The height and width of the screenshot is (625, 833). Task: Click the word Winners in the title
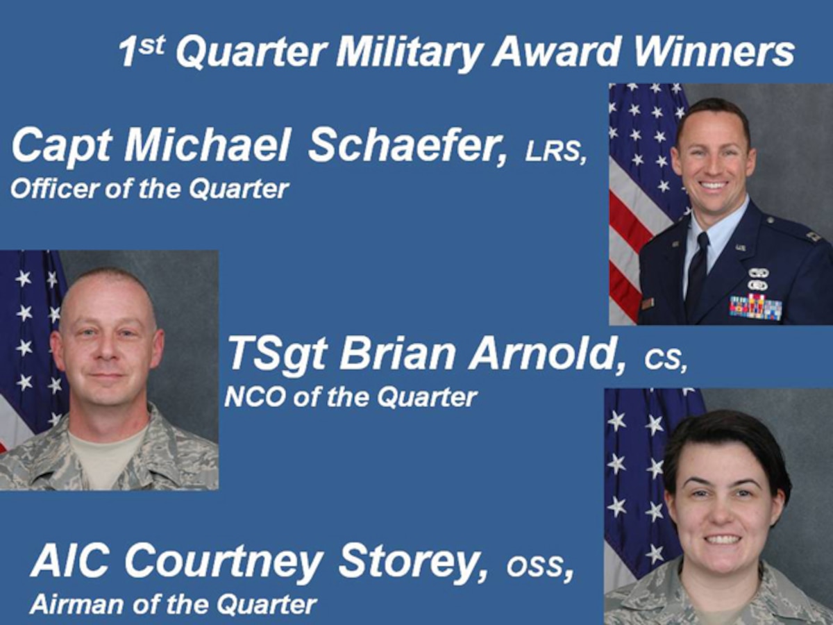point(715,52)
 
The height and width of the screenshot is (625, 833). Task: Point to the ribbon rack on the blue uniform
point(755,306)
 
